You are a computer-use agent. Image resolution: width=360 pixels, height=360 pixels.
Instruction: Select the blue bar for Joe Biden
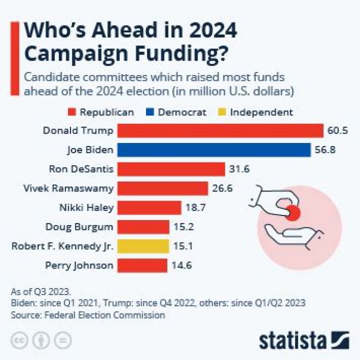pos(214,150)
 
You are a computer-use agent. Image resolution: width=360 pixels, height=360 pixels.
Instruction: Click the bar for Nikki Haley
pos(149,207)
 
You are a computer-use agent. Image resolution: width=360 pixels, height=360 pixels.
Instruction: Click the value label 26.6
pos(222,188)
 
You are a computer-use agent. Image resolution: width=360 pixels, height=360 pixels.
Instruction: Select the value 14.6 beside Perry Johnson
pos(182,265)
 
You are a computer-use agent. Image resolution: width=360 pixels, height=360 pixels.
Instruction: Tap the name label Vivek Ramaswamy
pos(68,188)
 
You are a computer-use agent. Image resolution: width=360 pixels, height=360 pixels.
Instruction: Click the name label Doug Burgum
pos(79,226)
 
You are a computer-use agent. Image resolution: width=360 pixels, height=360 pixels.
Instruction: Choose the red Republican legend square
pos(71,112)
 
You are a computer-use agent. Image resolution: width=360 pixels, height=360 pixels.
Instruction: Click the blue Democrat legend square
pos(149,112)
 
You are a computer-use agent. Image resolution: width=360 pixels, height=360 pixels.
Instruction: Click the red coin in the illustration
pos(292,212)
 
